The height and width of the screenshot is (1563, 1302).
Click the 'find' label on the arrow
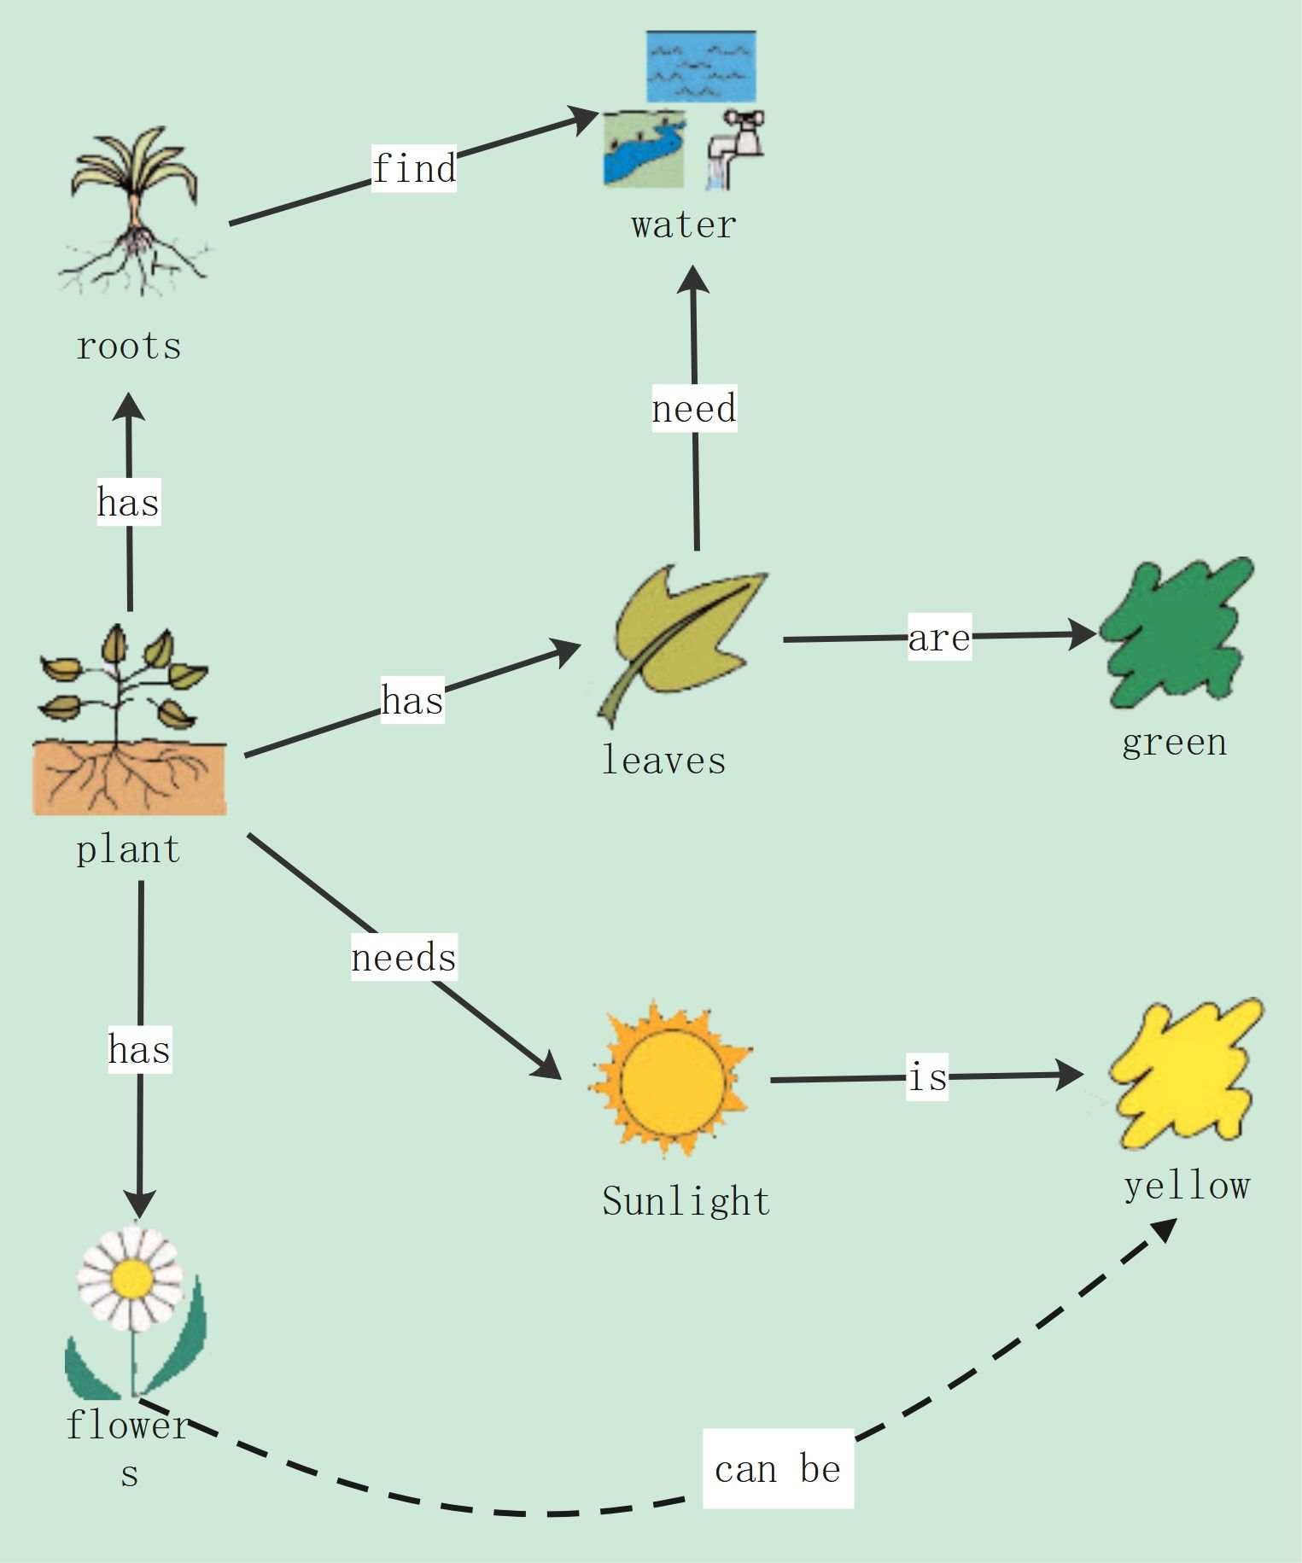coord(414,168)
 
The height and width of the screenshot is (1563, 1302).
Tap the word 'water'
coord(683,225)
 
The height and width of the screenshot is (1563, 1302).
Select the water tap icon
coord(736,148)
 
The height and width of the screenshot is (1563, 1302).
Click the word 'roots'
coord(129,347)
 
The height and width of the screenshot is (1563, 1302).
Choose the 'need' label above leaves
coord(694,409)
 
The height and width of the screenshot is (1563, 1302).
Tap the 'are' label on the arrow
coord(939,638)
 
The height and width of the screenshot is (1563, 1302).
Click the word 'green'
coord(1174,743)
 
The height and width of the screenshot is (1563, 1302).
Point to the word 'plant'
coord(129,849)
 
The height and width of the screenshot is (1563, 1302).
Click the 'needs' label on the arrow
coord(404,957)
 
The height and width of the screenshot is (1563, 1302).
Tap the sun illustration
coord(671,1080)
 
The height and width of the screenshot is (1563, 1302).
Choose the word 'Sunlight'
coord(686,1202)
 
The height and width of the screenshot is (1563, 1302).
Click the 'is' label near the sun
coord(927,1076)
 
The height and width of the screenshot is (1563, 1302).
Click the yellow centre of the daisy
coord(131,1278)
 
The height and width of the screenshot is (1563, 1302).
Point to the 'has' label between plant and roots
coord(128,502)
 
